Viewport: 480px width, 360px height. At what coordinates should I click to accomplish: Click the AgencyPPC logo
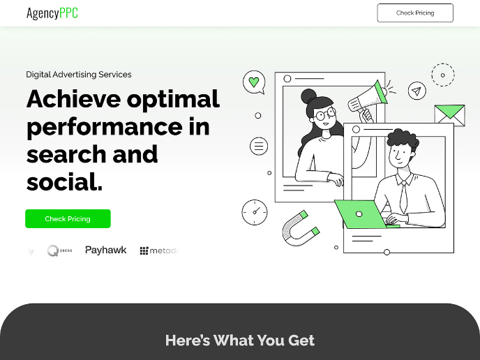pyautogui.click(x=52, y=13)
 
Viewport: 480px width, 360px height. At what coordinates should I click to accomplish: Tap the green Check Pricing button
pyautogui.click(x=68, y=219)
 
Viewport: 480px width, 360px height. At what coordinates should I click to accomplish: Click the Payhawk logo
pyautogui.click(x=105, y=250)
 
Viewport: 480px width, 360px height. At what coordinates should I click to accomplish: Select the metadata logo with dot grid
pyautogui.click(x=158, y=250)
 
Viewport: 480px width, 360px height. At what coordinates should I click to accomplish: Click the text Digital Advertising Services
pyautogui.click(x=79, y=74)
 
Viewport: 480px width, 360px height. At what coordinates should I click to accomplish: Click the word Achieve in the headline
pyautogui.click(x=73, y=99)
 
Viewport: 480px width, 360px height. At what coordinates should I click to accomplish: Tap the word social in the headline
pyautogui.click(x=64, y=181)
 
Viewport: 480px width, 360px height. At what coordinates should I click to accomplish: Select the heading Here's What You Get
pyautogui.click(x=240, y=340)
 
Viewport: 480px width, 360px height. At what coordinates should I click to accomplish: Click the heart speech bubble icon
pyautogui.click(x=254, y=83)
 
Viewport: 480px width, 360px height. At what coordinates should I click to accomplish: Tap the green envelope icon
pyautogui.click(x=449, y=113)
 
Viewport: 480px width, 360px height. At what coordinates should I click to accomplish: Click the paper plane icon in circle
pyautogui.click(x=417, y=91)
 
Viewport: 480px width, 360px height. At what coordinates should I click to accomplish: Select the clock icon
pyautogui.click(x=255, y=212)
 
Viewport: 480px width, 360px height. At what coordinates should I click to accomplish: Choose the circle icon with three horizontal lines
pyautogui.click(x=259, y=146)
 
